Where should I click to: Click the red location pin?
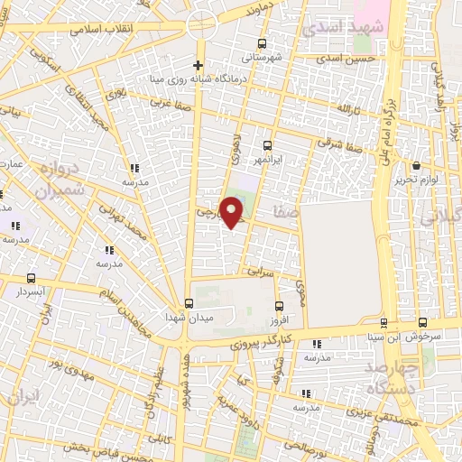[x=234, y=212]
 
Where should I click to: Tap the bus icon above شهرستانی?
[x=263, y=43]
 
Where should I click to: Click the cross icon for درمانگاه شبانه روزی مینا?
[x=199, y=65]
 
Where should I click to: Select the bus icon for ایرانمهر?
[x=267, y=144]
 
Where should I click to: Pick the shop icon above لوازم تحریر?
[x=416, y=166]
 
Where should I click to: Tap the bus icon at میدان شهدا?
[x=189, y=303]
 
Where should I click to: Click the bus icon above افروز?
[x=278, y=307]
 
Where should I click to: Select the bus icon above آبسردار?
[x=32, y=279]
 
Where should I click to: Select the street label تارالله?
[x=347, y=108]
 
